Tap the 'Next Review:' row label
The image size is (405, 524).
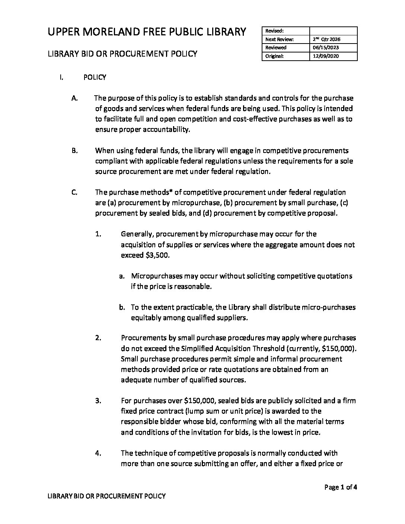280,39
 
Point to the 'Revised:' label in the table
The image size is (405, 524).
274,31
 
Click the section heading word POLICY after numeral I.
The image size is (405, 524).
95,77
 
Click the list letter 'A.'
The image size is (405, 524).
74,98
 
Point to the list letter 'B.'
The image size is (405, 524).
74,151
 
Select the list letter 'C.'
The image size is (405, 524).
74,192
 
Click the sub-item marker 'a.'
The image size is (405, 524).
122,276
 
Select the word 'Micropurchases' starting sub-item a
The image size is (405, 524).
157,276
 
